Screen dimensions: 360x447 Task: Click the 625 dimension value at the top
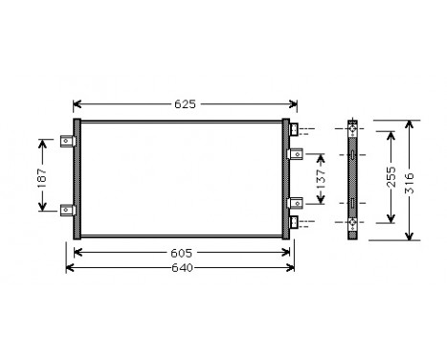[186, 103]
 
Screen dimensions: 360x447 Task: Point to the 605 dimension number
[183, 252]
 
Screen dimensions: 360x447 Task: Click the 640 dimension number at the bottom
[183, 266]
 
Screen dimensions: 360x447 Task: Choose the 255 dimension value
[388, 177]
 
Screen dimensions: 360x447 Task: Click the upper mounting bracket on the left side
[66, 143]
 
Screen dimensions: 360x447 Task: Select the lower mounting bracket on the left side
[66, 212]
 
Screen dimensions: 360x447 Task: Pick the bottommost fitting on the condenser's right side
[296, 222]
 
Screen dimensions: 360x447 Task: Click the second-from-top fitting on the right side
[296, 152]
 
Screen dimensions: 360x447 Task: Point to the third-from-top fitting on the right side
[296, 203]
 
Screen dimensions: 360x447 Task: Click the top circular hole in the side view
[354, 129]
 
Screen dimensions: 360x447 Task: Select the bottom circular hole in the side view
[354, 223]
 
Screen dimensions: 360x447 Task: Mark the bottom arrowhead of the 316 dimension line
[411, 236]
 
